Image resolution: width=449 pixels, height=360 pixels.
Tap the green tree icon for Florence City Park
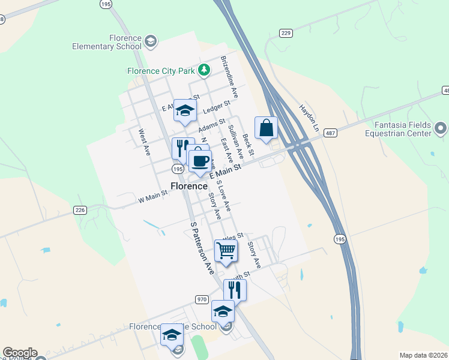pos(204,70)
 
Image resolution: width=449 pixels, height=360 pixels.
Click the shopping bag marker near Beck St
pos(266,128)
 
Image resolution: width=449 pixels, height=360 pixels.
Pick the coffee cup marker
pos(200,160)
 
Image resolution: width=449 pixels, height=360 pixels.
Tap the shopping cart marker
pos(226,250)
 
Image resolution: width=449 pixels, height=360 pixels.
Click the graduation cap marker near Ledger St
pos(185,110)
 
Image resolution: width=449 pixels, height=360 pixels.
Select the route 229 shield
pos(286,34)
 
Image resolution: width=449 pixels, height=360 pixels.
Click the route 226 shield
pos(80,210)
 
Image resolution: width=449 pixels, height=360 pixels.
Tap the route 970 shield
pos(202,299)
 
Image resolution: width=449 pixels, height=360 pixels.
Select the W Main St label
pos(152,196)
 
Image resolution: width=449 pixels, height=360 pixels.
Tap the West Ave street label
pos(143,142)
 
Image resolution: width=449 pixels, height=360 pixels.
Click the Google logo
pos(20,353)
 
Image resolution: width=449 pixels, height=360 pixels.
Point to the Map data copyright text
pos(423,355)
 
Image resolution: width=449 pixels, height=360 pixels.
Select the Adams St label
pos(211,125)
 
